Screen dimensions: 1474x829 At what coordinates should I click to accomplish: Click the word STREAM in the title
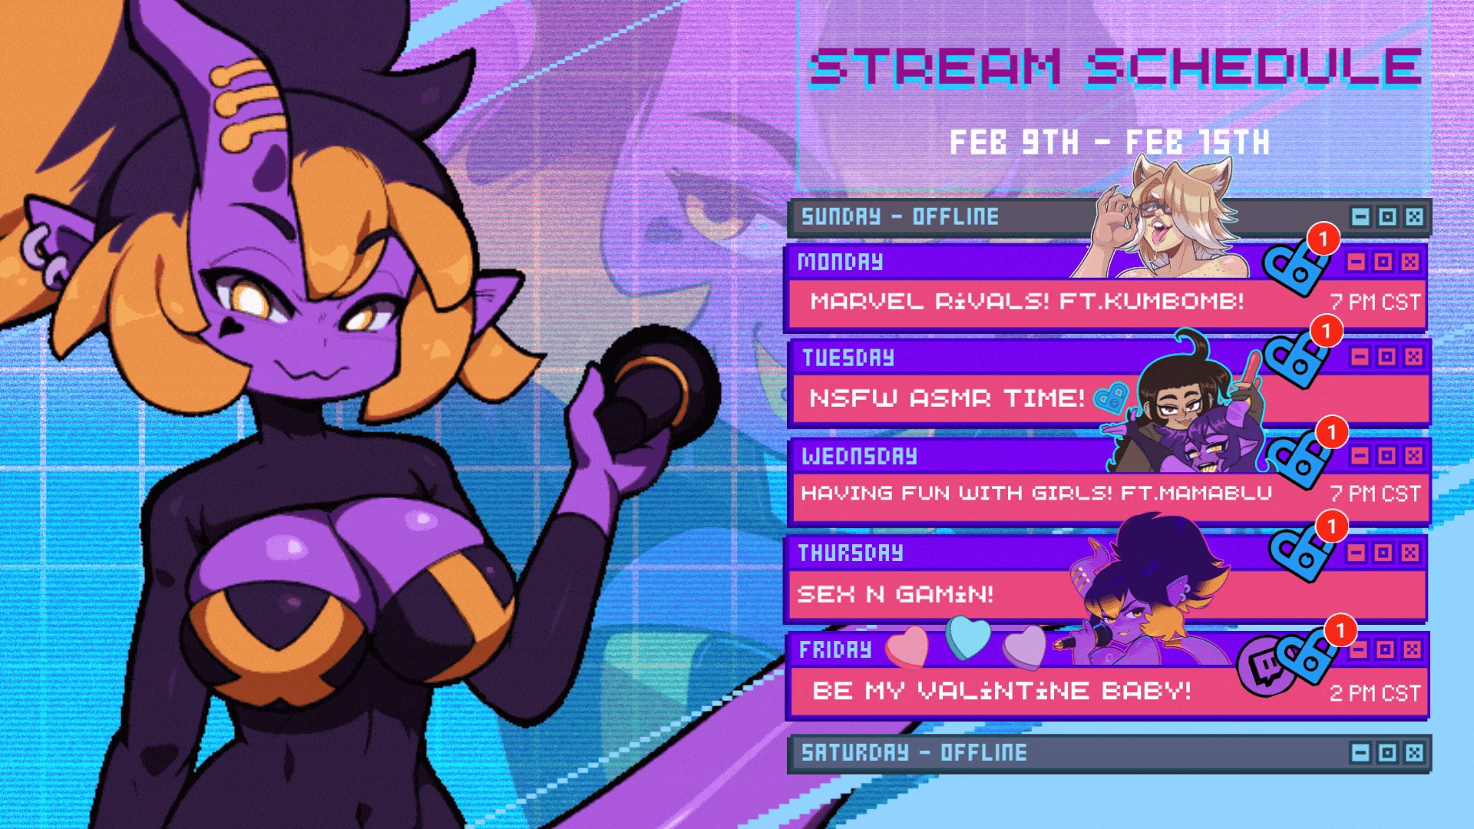point(936,66)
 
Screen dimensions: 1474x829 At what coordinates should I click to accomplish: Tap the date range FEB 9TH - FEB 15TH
point(1109,142)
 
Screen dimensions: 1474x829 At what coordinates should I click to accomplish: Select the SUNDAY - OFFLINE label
point(900,216)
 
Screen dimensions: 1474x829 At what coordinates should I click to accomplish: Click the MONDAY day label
point(840,262)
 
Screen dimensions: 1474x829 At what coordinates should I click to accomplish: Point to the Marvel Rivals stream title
point(1027,301)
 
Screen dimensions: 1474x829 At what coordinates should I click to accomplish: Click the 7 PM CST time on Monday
point(1375,302)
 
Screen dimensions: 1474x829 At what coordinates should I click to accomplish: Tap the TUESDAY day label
point(848,358)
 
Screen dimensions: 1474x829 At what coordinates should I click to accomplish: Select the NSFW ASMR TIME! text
point(947,398)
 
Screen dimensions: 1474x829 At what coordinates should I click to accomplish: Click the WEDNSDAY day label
point(859,456)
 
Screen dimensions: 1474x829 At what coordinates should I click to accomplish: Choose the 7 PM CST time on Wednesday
point(1375,494)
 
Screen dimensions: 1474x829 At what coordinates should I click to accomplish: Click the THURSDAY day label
point(851,553)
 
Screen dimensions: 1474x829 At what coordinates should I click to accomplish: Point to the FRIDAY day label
point(835,649)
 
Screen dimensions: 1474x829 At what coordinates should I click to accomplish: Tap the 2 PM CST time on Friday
point(1375,693)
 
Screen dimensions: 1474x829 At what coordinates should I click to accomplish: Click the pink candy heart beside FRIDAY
point(907,646)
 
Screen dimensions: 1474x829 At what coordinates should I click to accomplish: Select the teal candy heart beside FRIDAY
point(968,638)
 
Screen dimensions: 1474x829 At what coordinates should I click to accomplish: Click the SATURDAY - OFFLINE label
point(914,752)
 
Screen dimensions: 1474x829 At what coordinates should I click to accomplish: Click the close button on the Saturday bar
point(1414,753)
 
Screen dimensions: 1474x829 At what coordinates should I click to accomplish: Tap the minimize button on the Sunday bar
point(1360,217)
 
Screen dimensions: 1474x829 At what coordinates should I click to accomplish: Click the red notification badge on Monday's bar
point(1324,239)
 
